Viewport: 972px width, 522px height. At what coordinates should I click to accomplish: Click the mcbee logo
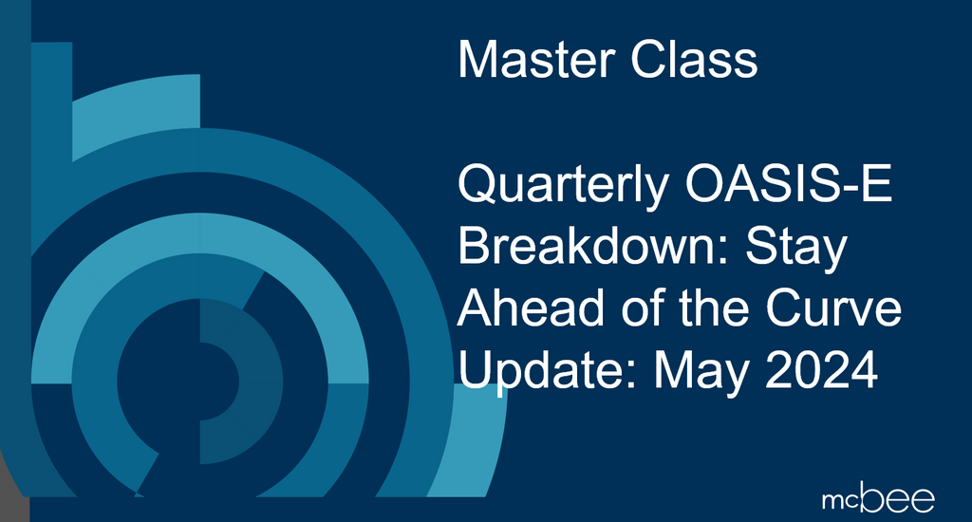click(878, 497)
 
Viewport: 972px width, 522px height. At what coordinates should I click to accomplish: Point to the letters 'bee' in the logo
click(899, 497)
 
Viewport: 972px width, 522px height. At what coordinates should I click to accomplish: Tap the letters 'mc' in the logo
click(841, 500)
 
